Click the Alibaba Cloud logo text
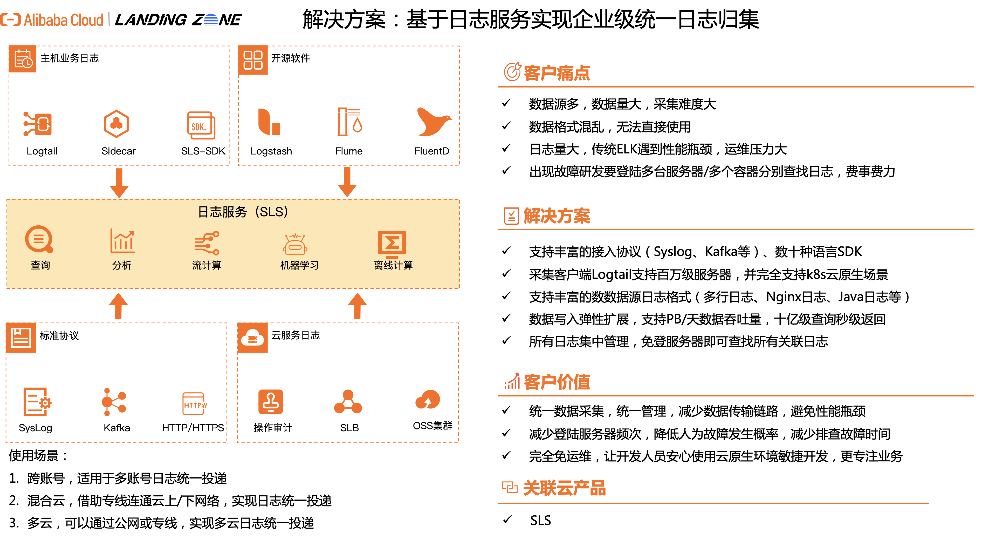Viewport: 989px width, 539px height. [63, 20]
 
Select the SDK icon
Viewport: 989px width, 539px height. [201, 125]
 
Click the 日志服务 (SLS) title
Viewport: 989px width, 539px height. [243, 212]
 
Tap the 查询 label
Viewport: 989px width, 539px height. [40, 265]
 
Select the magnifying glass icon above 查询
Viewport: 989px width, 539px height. [39, 239]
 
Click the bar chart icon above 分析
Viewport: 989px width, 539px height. [122, 241]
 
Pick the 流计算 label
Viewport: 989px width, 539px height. [207, 265]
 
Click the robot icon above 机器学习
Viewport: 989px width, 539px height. [295, 244]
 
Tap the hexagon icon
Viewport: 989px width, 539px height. [116, 124]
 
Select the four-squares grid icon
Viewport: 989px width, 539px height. [253, 60]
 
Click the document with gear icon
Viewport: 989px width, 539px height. [37, 402]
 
